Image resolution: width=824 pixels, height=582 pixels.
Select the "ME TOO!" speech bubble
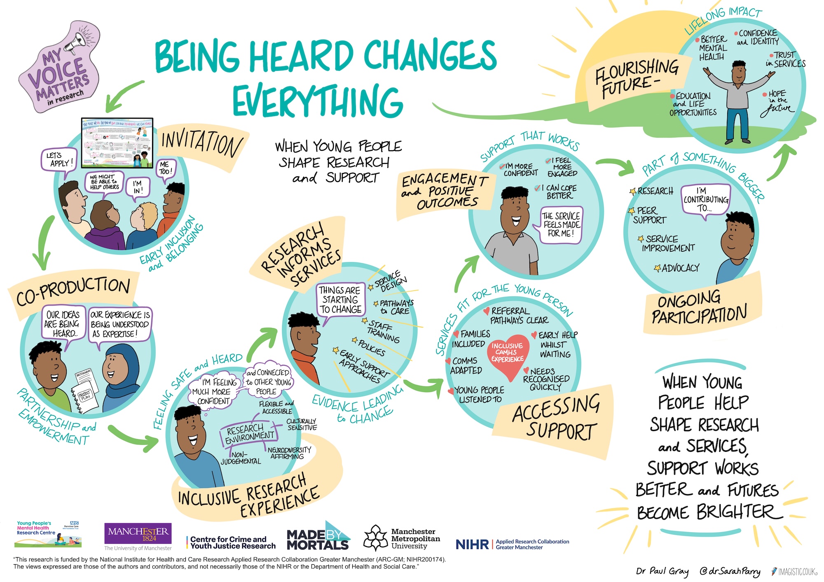pos(165,168)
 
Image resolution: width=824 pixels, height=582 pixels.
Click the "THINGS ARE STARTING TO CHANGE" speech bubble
pos(340,300)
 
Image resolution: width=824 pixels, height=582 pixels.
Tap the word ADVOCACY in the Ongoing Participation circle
pos(680,268)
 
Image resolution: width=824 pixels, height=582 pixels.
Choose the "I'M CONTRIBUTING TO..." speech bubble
pos(705,200)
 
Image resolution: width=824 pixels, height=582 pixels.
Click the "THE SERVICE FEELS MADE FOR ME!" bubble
pos(561,225)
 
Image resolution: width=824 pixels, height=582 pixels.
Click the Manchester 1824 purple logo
pos(138,534)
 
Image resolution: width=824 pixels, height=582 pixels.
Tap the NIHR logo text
pos(472,545)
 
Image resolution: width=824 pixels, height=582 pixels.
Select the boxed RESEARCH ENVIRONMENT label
pos(249,434)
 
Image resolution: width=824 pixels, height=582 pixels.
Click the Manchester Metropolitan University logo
pos(402,538)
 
